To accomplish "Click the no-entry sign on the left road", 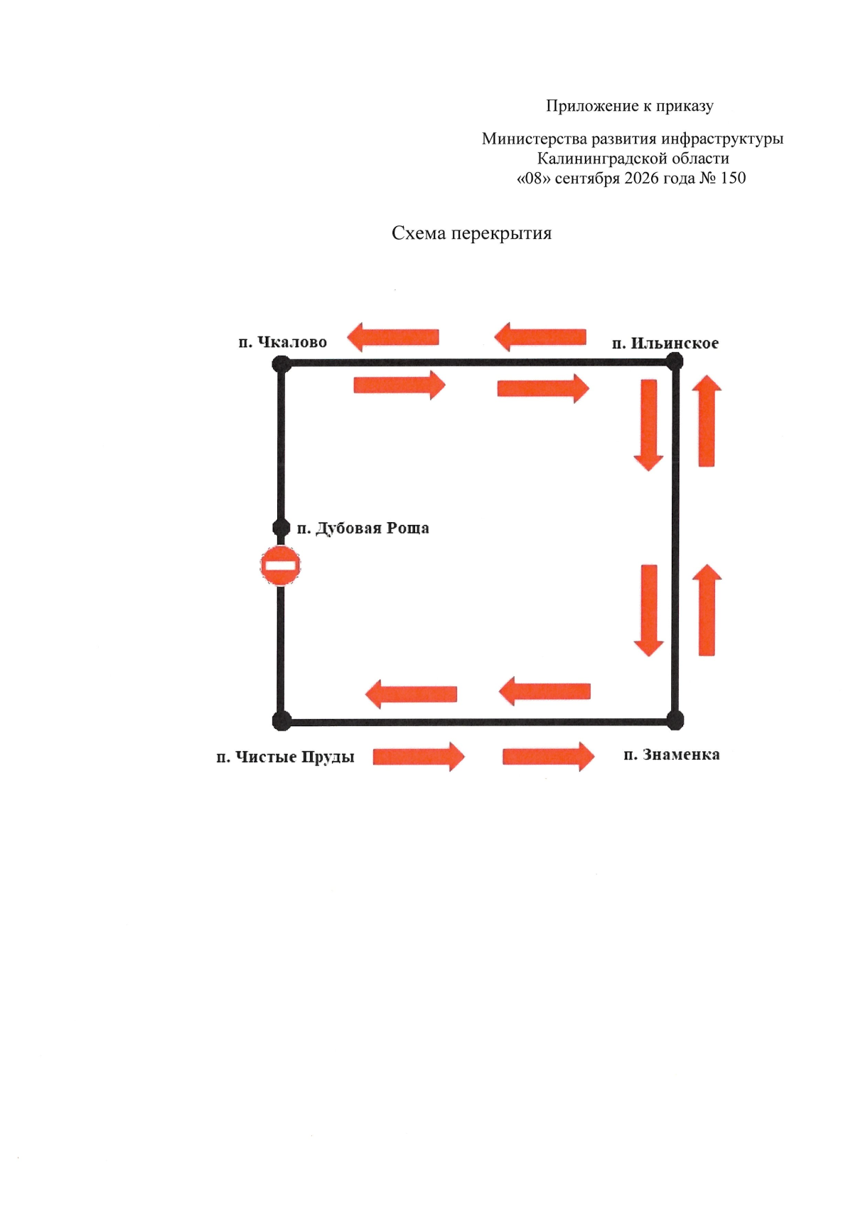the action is (280, 565).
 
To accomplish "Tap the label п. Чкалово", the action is (283, 342).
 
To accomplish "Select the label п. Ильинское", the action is (665, 344).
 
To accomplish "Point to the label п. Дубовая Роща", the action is (363, 528).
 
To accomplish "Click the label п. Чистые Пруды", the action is (286, 757).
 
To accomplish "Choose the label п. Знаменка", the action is (672, 755).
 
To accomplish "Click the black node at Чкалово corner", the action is (281, 363).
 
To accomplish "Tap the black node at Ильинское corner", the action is (675, 361).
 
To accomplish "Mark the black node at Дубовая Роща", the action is (281, 528).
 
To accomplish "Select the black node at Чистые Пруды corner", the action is (281, 721).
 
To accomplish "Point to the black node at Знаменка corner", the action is (675, 720).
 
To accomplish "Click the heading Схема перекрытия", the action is (472, 233).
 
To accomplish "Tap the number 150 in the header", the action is (732, 178).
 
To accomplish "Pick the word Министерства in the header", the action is (535, 139).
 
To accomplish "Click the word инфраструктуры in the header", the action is (722, 139).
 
